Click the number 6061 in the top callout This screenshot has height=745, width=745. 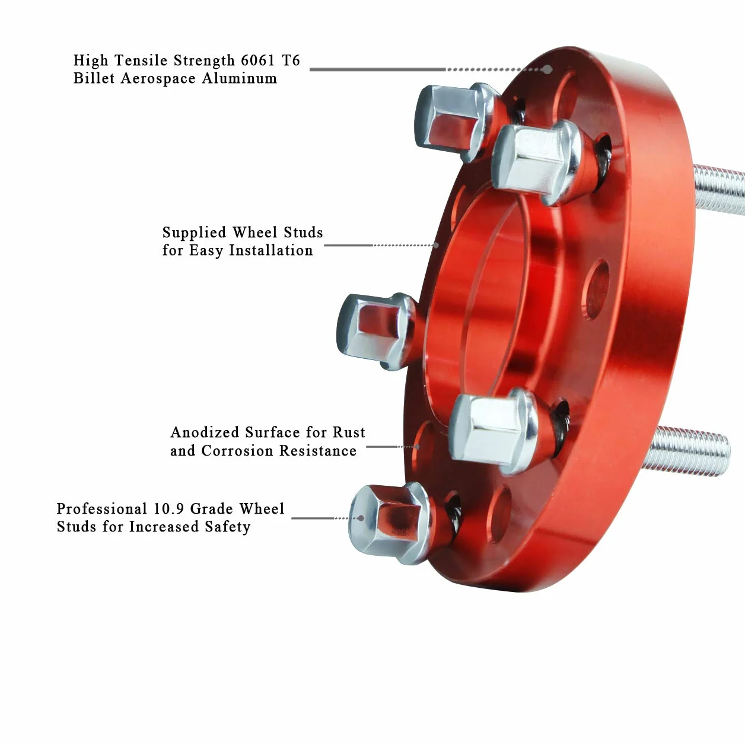(257, 61)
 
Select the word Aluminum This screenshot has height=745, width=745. (239, 78)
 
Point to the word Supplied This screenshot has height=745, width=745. (194, 233)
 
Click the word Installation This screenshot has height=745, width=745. (271, 250)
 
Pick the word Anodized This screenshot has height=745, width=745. (205, 432)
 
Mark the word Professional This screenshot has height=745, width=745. (102, 509)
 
